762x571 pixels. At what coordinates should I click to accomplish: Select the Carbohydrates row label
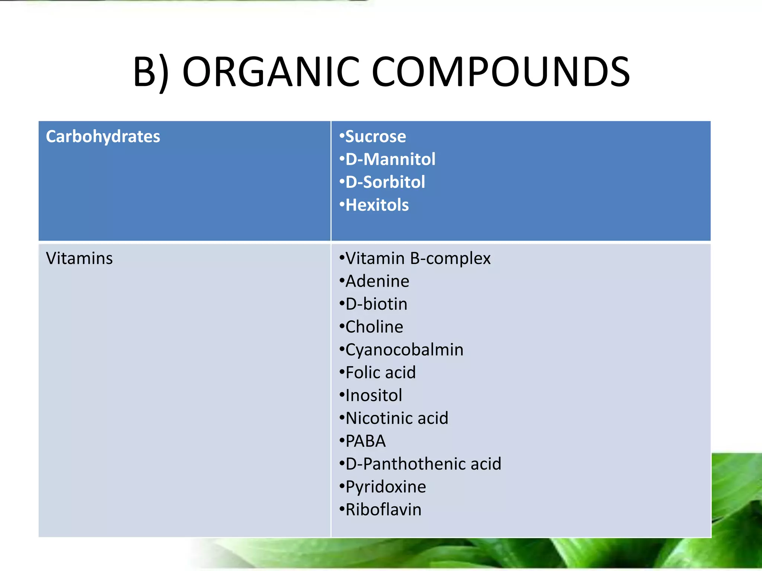tap(103, 136)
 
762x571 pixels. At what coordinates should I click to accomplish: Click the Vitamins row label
tap(79, 258)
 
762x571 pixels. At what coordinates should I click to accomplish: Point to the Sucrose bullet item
tap(375, 136)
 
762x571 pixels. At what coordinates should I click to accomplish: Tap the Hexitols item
tap(377, 205)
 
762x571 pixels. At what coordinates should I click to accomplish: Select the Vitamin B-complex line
tap(418, 258)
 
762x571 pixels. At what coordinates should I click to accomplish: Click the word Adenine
tap(377, 281)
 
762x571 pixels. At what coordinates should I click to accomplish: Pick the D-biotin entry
tap(376, 304)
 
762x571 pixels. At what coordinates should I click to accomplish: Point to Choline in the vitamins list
tap(374, 327)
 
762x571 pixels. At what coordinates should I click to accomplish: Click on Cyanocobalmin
tap(404, 350)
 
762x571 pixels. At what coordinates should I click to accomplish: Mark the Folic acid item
tap(380, 372)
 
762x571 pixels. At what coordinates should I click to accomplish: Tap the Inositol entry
tap(374, 396)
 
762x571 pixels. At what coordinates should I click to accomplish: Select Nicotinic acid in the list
tap(397, 418)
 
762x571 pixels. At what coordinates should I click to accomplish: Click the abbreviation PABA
tap(365, 441)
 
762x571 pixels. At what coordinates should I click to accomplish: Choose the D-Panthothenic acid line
tap(423, 464)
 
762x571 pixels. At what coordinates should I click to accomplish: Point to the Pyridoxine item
tap(385, 487)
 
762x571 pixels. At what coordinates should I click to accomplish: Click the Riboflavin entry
tap(383, 510)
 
